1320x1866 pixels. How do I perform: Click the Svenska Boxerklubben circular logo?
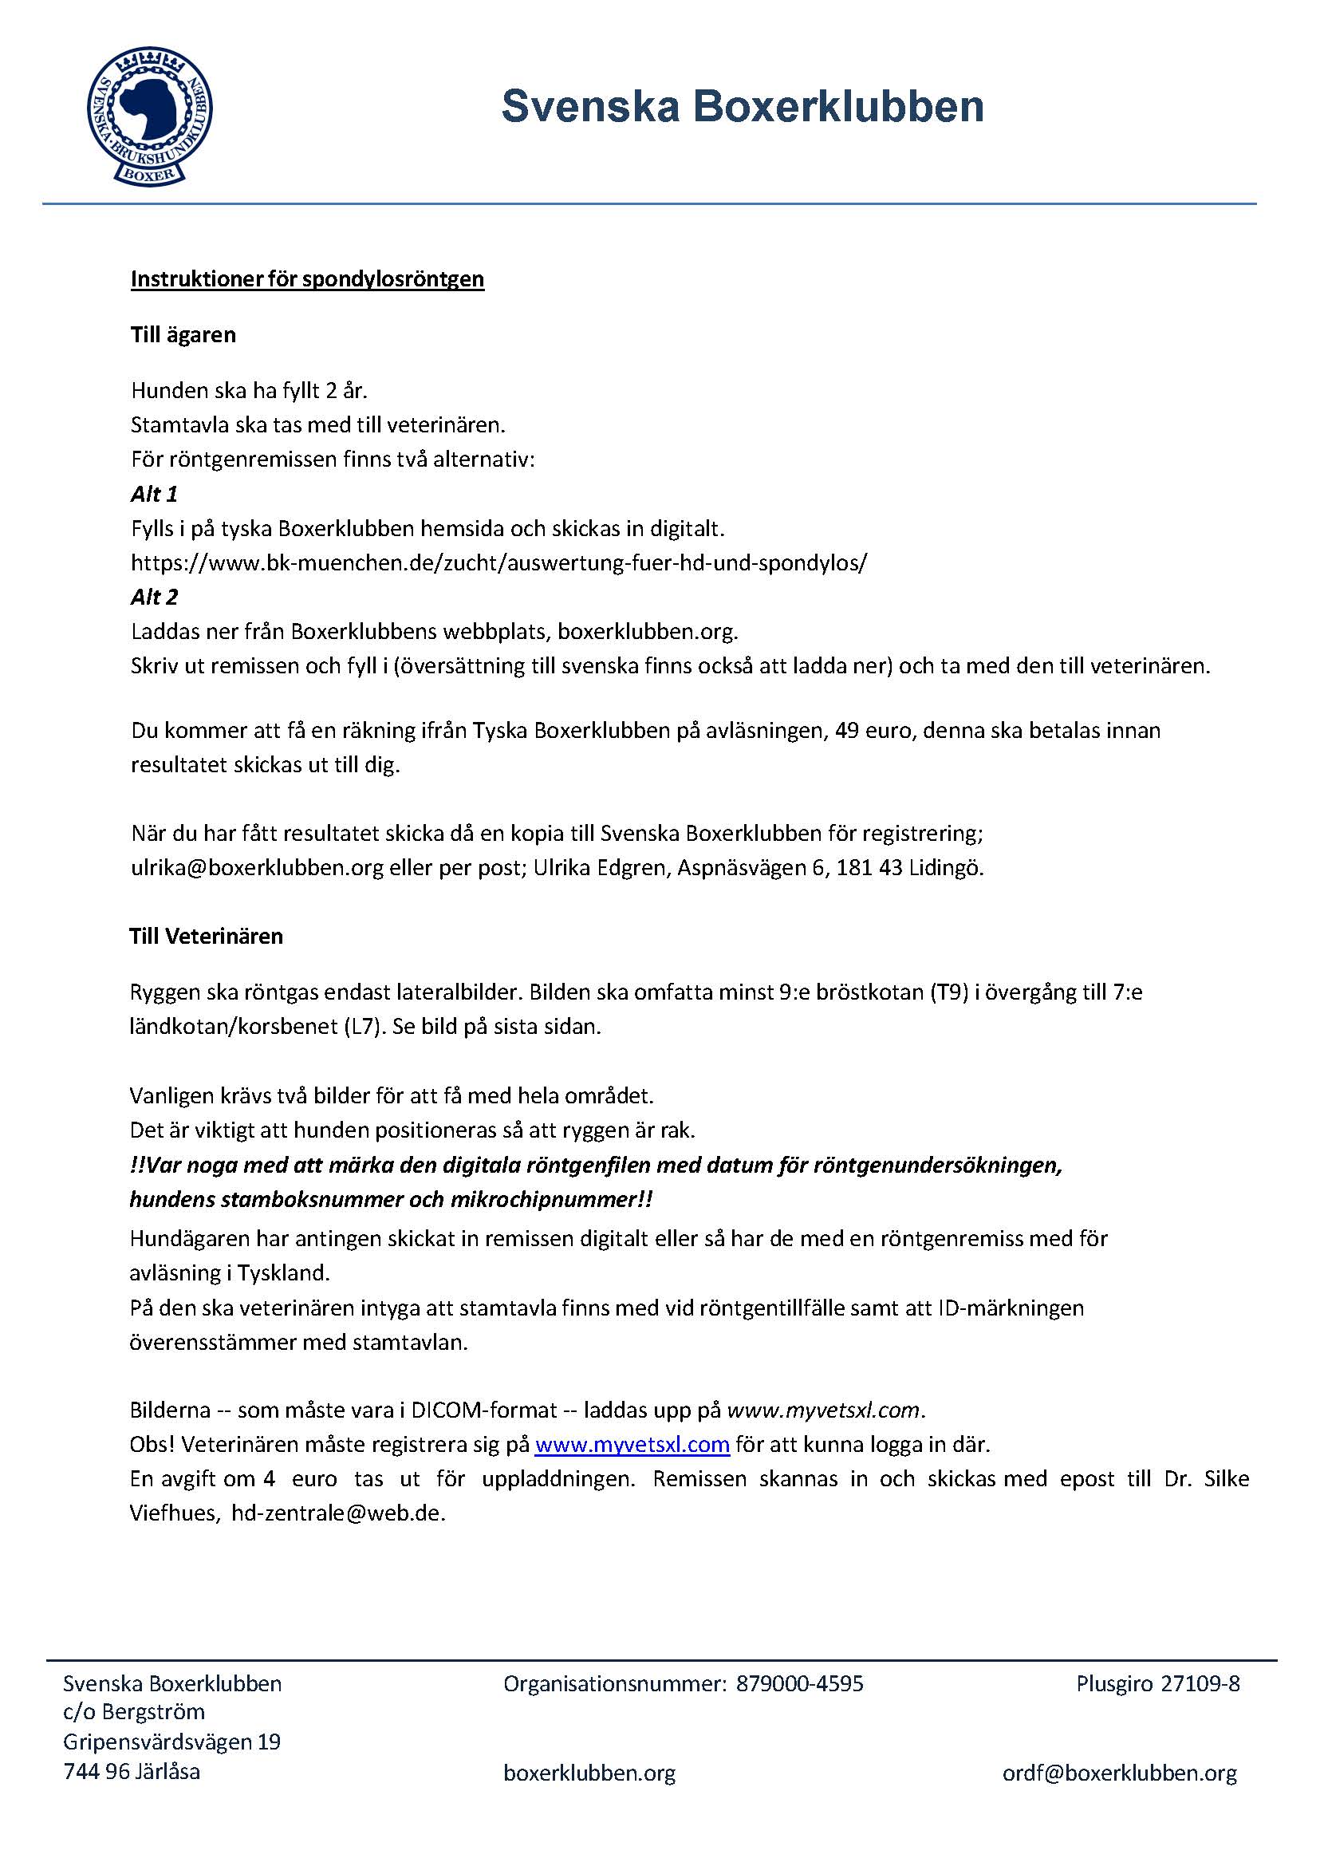[150, 116]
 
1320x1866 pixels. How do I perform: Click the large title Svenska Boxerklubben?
[742, 107]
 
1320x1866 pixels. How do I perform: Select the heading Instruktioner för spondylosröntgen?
[307, 279]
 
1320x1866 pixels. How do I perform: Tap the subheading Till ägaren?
[183, 335]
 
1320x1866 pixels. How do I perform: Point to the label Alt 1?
[154, 494]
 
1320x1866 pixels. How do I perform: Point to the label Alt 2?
[154, 597]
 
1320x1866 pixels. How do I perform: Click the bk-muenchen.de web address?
[498, 562]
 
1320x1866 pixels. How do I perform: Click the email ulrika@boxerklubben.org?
[257, 867]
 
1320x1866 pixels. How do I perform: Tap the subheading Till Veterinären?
[206, 936]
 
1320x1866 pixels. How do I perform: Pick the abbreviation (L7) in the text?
[363, 1026]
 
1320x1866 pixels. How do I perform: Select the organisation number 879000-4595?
[799, 1683]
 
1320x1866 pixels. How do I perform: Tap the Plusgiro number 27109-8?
[1200, 1683]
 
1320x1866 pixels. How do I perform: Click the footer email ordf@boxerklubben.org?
[1119, 1773]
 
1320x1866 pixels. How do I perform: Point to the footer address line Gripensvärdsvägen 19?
[171, 1742]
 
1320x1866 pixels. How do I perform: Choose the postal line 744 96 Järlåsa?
[132, 1771]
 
